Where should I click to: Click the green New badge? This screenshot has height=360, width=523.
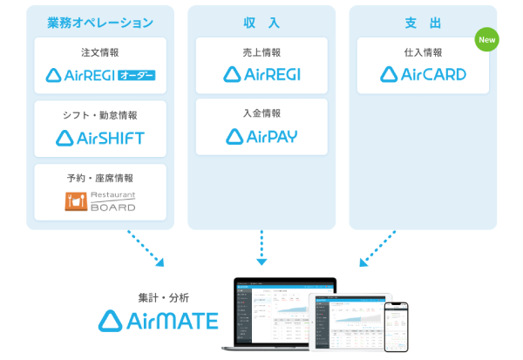(x=487, y=40)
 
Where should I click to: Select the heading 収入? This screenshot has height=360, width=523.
(x=261, y=22)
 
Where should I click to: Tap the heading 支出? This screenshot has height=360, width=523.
(x=423, y=22)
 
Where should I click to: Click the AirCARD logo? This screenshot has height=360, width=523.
(x=423, y=74)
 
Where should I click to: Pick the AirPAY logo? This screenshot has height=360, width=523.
(x=261, y=136)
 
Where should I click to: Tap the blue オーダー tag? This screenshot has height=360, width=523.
(x=136, y=75)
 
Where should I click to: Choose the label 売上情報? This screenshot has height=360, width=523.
(x=261, y=53)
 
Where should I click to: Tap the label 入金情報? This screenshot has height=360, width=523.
(x=261, y=114)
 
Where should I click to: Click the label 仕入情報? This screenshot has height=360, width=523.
(x=423, y=53)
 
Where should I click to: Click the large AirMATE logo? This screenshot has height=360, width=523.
(x=158, y=321)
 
